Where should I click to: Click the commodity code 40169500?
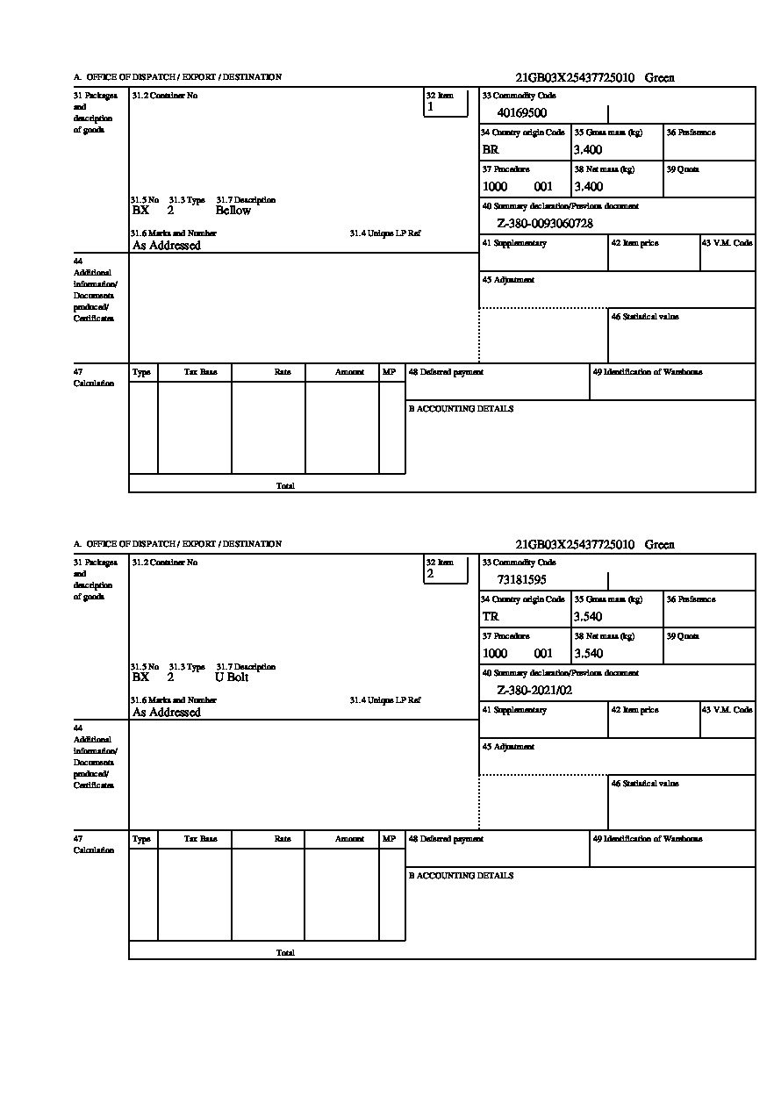click(x=521, y=113)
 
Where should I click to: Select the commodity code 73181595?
click(x=521, y=580)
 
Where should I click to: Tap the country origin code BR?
click(x=491, y=150)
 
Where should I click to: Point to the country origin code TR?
click(x=491, y=617)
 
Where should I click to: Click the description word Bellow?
click(x=233, y=211)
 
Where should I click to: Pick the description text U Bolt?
click(x=233, y=678)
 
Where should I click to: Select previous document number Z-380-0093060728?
click(x=545, y=224)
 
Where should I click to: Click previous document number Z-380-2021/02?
click(x=534, y=691)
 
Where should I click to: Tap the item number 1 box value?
click(x=430, y=107)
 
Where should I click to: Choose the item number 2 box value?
click(x=430, y=574)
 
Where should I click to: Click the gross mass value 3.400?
click(x=588, y=150)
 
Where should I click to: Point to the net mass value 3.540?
click(x=588, y=654)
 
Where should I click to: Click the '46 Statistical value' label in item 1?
click(x=645, y=317)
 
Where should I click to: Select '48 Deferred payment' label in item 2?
click(x=446, y=839)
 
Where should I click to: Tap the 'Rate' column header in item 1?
click(x=283, y=372)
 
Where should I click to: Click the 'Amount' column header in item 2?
click(x=349, y=839)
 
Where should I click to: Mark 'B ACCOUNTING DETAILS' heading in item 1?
click(x=461, y=409)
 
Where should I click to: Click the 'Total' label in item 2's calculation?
click(x=285, y=953)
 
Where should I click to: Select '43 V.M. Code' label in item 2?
click(x=727, y=710)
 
